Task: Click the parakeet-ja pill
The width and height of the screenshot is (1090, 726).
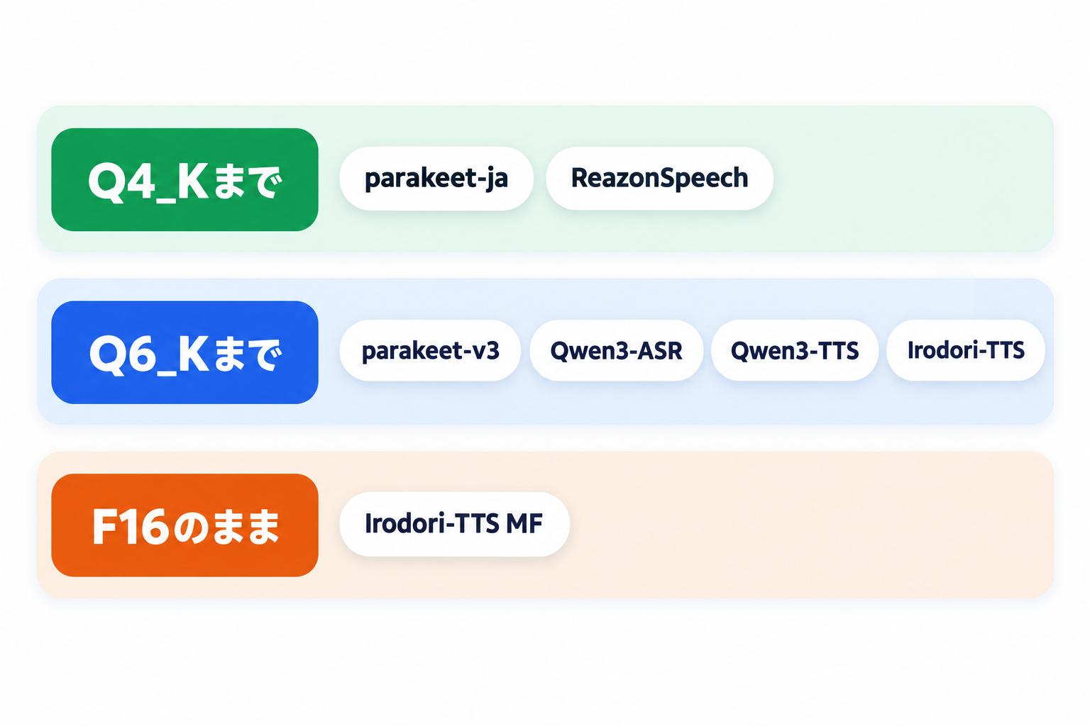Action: (436, 179)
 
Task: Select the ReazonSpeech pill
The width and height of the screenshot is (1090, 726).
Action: (659, 179)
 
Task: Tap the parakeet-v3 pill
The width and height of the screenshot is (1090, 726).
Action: (430, 351)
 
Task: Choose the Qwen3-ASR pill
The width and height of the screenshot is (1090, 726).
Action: (616, 351)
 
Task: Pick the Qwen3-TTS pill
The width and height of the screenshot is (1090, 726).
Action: (795, 351)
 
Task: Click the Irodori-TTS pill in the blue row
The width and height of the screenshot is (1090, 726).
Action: (966, 351)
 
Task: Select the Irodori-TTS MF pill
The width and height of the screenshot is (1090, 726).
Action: (454, 524)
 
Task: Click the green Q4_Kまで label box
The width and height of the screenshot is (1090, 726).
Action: (185, 179)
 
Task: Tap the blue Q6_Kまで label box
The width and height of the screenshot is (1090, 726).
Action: (185, 352)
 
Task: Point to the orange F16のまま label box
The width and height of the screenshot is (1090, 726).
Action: (185, 525)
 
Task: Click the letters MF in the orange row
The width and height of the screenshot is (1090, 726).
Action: (524, 524)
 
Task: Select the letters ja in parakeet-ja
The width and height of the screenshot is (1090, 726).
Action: (497, 179)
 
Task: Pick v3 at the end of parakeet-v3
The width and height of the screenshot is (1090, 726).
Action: (487, 351)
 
